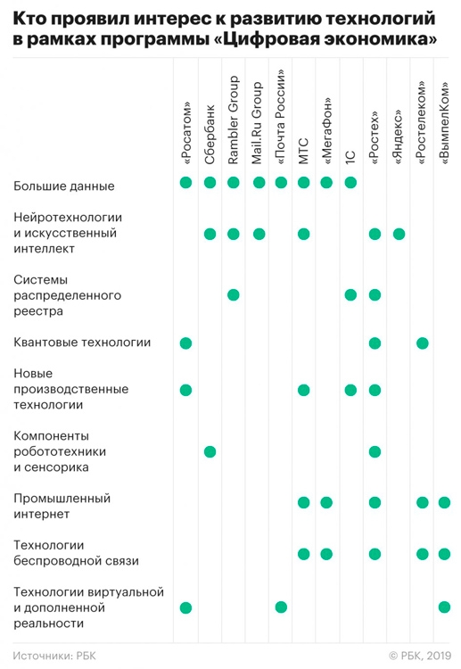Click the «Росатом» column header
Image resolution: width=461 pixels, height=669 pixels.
186,133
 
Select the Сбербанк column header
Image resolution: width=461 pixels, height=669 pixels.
210,135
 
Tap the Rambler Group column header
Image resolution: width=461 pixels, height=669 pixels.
234,120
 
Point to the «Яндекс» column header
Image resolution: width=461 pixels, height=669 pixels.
399,137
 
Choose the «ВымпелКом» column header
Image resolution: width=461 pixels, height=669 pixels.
444,123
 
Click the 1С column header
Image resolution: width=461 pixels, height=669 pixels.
350,157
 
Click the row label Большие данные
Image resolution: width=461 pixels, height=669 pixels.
64,186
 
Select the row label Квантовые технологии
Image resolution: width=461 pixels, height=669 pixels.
82,343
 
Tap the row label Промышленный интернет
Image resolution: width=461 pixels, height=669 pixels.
62,506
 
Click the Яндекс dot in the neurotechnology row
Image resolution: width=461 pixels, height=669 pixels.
399,234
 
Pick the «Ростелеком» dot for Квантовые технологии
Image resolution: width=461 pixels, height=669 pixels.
422,343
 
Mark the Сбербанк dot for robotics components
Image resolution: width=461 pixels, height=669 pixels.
210,452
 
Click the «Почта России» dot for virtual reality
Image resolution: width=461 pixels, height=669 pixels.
281,607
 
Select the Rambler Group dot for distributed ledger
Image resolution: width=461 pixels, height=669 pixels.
234,295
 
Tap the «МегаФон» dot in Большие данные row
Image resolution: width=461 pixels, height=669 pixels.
326,183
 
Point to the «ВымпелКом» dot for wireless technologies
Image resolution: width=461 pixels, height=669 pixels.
444,554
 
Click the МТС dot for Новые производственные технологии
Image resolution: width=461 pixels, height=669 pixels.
304,390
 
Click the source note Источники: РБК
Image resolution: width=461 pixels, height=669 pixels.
54,656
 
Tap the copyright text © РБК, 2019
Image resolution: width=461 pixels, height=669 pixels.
420,656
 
